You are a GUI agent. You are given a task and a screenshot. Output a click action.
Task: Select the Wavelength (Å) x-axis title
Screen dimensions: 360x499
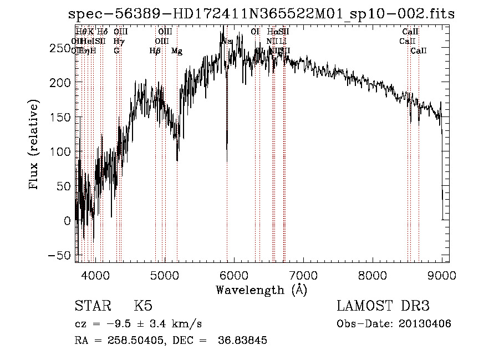pos(262,290)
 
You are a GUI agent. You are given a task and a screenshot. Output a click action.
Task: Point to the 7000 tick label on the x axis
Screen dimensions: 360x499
pos(303,275)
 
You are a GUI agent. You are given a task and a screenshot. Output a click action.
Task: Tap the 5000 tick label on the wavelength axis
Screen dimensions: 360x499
pos(165,275)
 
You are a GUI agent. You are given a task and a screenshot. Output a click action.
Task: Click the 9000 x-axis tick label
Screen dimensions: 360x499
pos(441,275)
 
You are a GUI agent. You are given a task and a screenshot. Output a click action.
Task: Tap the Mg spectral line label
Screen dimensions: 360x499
pos(177,51)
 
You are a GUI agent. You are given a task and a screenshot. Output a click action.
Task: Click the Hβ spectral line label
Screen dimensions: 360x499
pos(155,51)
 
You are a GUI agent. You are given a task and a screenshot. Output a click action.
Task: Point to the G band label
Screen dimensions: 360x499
pos(116,51)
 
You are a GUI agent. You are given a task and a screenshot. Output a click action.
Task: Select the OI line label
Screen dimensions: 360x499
pos(255,32)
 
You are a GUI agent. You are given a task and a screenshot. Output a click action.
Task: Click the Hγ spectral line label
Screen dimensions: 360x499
pos(118,42)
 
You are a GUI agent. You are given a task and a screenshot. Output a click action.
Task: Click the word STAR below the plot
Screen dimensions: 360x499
pos(93,306)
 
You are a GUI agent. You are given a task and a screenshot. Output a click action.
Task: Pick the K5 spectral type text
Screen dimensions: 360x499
pos(143,306)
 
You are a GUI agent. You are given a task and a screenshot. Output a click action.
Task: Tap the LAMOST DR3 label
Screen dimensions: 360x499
pos(383,306)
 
